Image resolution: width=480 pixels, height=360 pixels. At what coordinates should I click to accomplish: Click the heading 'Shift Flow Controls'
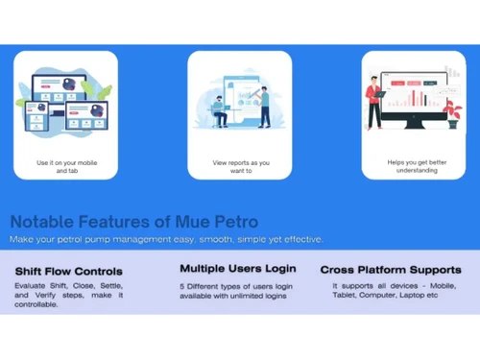(68, 271)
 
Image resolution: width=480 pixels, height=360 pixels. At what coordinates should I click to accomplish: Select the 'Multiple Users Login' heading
(237, 268)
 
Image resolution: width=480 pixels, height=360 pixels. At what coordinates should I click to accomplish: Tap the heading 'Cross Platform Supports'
(390, 270)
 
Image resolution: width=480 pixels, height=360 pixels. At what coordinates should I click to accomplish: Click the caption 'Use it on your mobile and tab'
(66, 167)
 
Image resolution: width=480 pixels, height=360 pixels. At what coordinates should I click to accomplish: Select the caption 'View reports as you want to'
(241, 167)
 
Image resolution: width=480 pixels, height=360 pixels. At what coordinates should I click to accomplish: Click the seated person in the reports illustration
(221, 108)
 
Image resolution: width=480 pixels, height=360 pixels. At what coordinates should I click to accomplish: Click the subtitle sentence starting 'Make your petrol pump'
(166, 239)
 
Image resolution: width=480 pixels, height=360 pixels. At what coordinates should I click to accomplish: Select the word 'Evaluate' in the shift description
(33, 286)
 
